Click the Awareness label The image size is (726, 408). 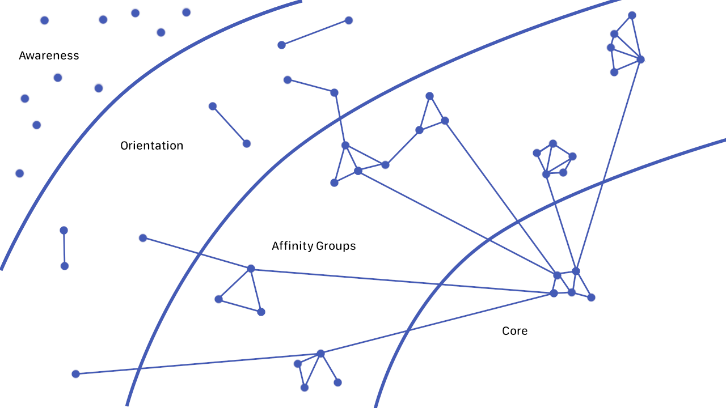pyautogui.click(x=49, y=56)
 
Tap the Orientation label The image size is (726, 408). pyautogui.click(x=151, y=146)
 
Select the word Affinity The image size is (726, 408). pyautogui.click(x=292, y=246)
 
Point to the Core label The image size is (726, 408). pyautogui.click(x=514, y=331)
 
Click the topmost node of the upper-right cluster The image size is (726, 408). pyautogui.click(x=632, y=15)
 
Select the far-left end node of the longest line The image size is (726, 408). pyautogui.click(x=75, y=374)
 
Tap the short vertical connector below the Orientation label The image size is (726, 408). pyautogui.click(x=64, y=248)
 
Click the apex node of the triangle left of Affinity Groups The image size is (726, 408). pyautogui.click(x=251, y=269)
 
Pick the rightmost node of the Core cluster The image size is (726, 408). pyautogui.click(x=591, y=297)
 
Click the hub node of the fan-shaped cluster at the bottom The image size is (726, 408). pyautogui.click(x=320, y=354)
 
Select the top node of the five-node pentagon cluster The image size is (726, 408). pyautogui.click(x=553, y=143)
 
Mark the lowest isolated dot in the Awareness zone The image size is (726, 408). pyautogui.click(x=20, y=173)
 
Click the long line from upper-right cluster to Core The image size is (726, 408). pyautogui.click(x=608, y=164)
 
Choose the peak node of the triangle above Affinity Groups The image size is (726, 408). pyautogui.click(x=429, y=96)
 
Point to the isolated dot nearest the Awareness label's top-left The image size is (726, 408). pyautogui.click(x=44, y=20)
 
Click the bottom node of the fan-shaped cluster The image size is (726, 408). pyautogui.click(x=305, y=388)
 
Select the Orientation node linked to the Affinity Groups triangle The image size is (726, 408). pyautogui.click(x=143, y=238)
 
